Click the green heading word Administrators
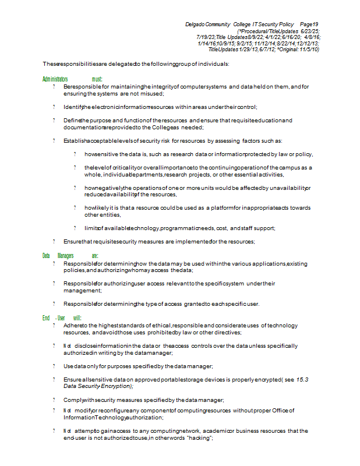click(55, 78)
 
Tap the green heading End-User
click(53, 317)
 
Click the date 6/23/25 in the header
click(310, 30)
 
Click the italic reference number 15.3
click(302, 379)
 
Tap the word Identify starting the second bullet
click(73, 107)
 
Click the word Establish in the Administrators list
click(75, 140)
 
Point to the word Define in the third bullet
click(72, 120)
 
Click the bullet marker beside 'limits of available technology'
click(75, 228)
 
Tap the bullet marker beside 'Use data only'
click(54, 366)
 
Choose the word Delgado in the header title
click(196, 24)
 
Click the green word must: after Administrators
click(97, 78)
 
